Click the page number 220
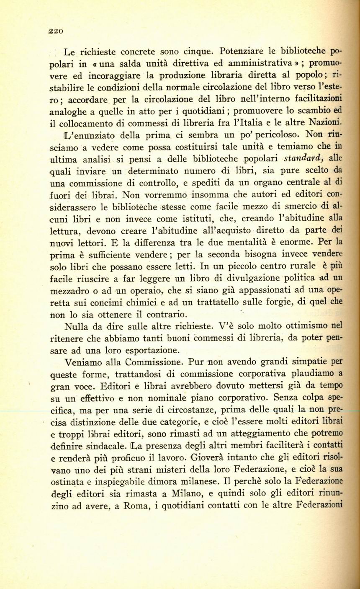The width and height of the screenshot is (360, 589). tap(55, 30)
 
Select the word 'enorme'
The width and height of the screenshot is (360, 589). tap(296, 243)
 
